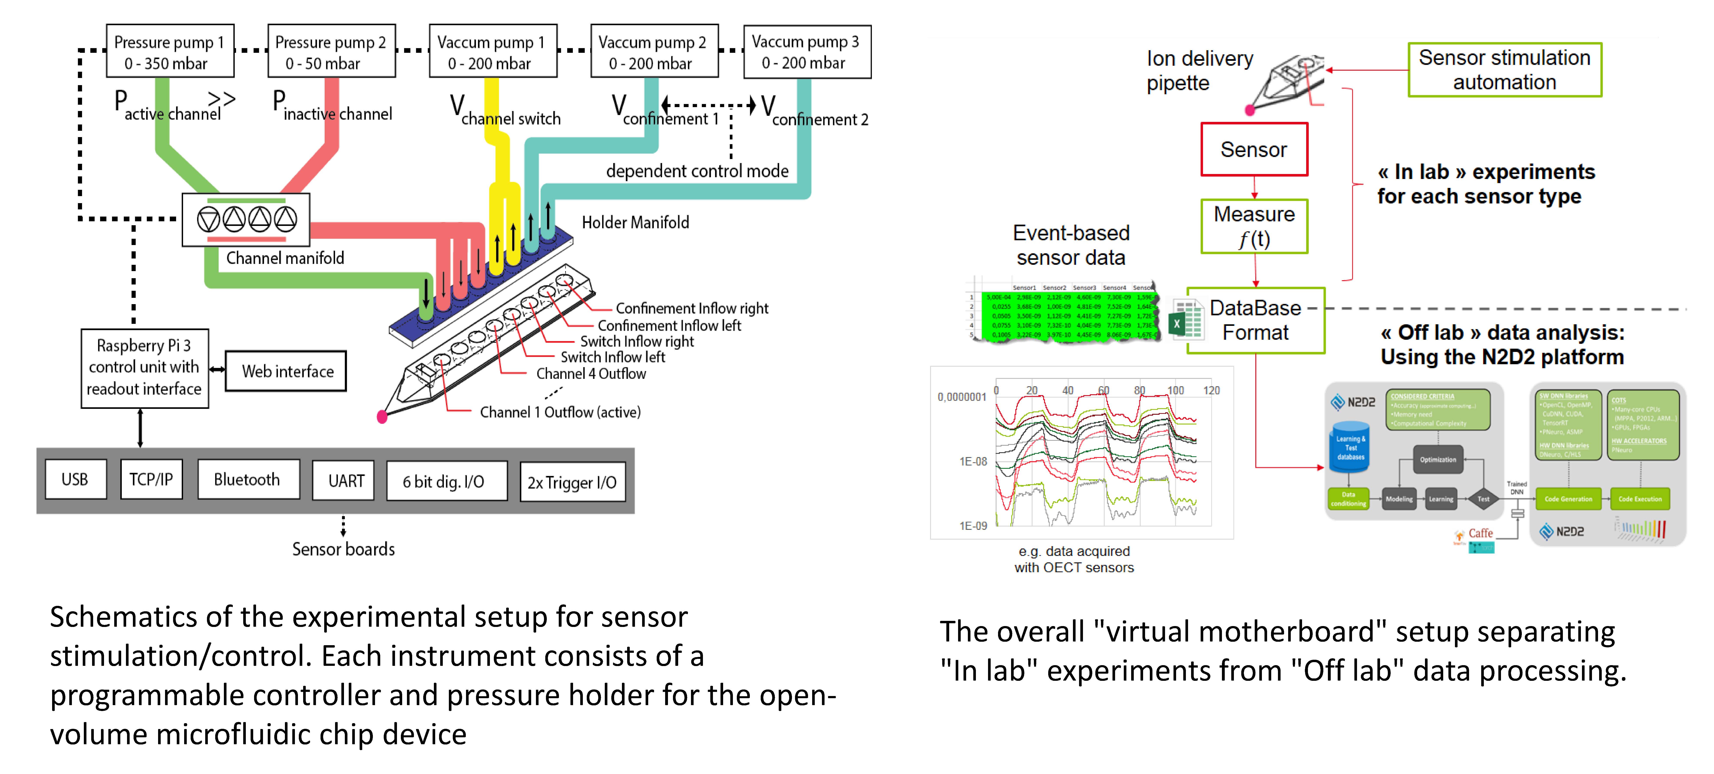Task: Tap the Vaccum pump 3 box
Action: [807, 52]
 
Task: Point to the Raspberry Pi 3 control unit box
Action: [144, 367]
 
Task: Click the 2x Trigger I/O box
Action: [572, 482]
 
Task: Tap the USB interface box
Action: [75, 479]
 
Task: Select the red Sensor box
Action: [1254, 150]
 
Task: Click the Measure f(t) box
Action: [1254, 226]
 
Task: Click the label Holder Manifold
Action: [635, 222]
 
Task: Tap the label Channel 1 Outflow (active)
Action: [560, 412]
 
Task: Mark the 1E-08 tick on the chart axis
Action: [973, 461]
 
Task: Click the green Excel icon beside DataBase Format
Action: [1176, 323]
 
